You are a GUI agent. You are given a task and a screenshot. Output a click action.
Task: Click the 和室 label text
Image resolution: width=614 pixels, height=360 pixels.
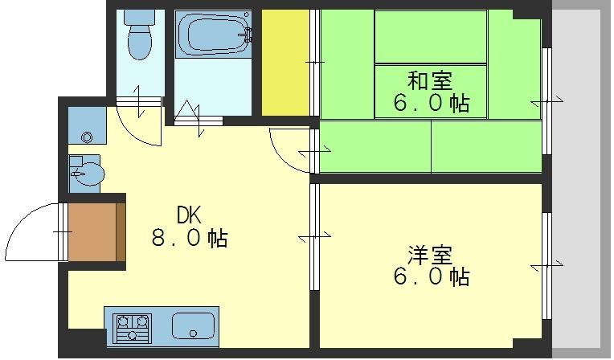[x=430, y=80]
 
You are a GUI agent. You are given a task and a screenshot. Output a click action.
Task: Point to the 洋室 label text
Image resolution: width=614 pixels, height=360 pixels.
[x=430, y=256]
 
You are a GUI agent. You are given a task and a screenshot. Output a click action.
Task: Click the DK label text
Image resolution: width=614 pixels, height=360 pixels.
[x=190, y=215]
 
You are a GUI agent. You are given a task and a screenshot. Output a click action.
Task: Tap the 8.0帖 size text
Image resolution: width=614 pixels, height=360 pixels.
[x=190, y=238]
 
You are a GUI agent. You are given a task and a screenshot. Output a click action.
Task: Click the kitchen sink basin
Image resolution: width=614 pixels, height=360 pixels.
[x=193, y=327]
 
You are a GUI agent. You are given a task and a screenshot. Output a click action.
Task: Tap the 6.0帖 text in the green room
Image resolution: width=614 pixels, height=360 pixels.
[x=430, y=104]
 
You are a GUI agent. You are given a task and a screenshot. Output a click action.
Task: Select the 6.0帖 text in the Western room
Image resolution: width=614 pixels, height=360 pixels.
[x=430, y=278]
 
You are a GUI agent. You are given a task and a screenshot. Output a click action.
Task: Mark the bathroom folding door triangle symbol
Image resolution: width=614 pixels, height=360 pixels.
[x=190, y=110]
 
